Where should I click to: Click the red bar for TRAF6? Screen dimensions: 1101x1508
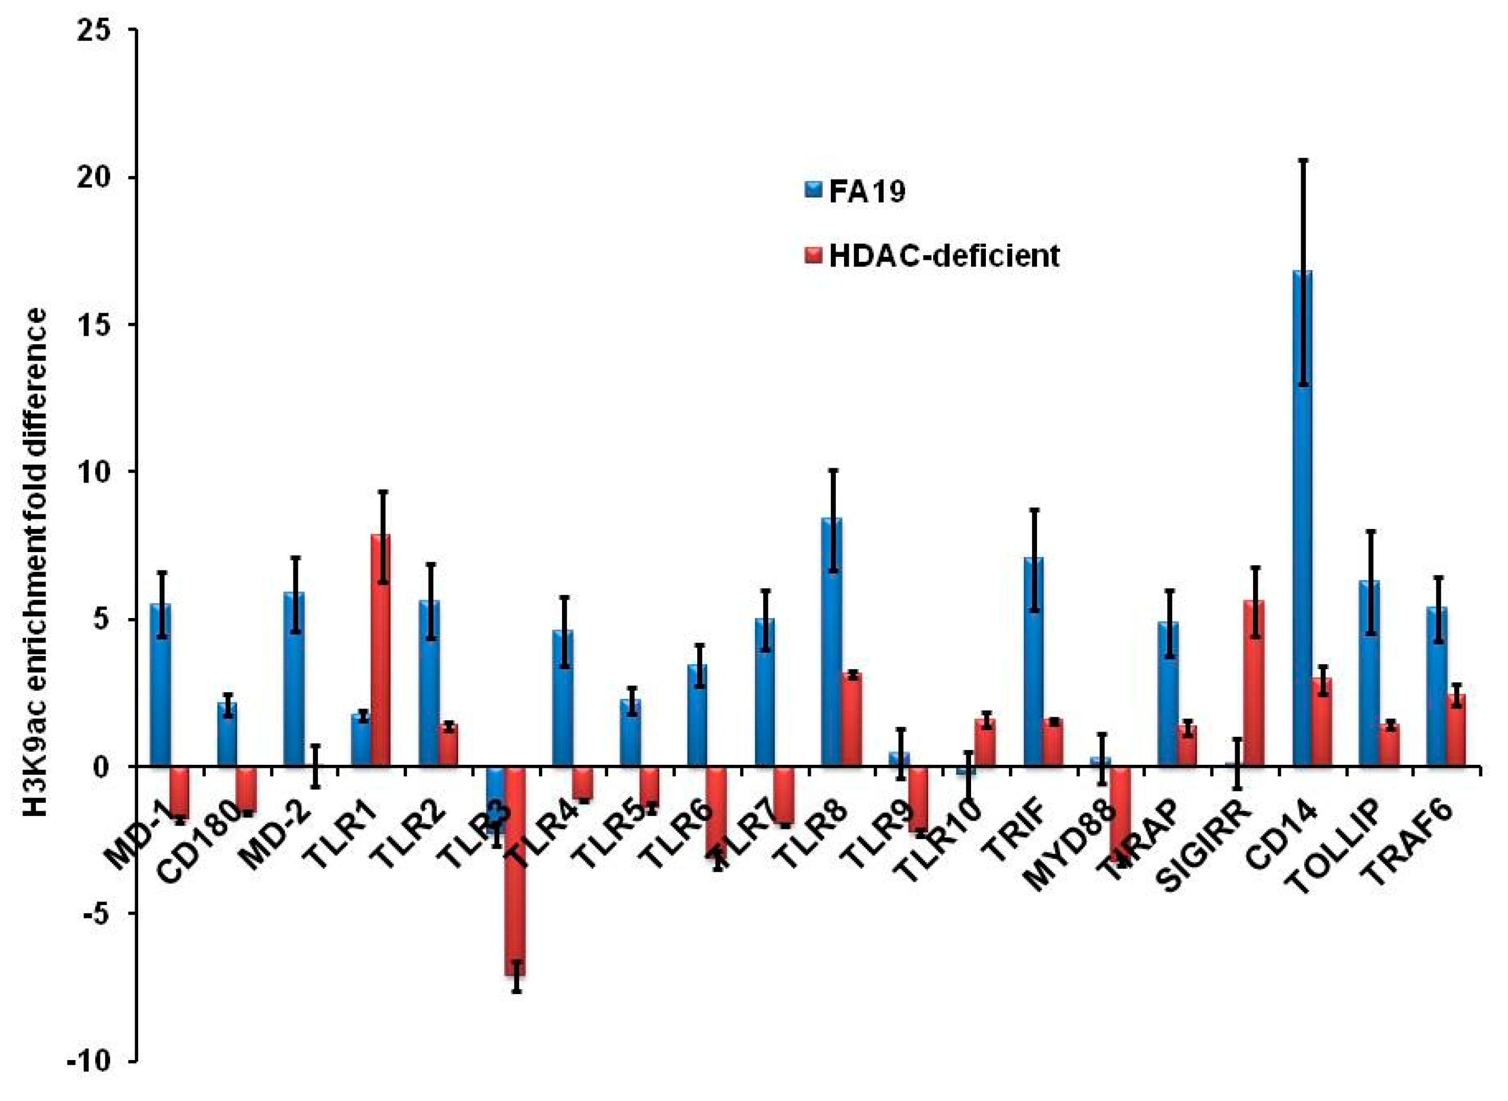coord(1455,730)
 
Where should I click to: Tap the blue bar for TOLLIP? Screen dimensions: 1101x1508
coord(1369,673)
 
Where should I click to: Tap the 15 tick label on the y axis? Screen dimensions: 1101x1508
coord(104,325)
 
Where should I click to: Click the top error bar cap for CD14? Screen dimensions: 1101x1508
coord(1303,160)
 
